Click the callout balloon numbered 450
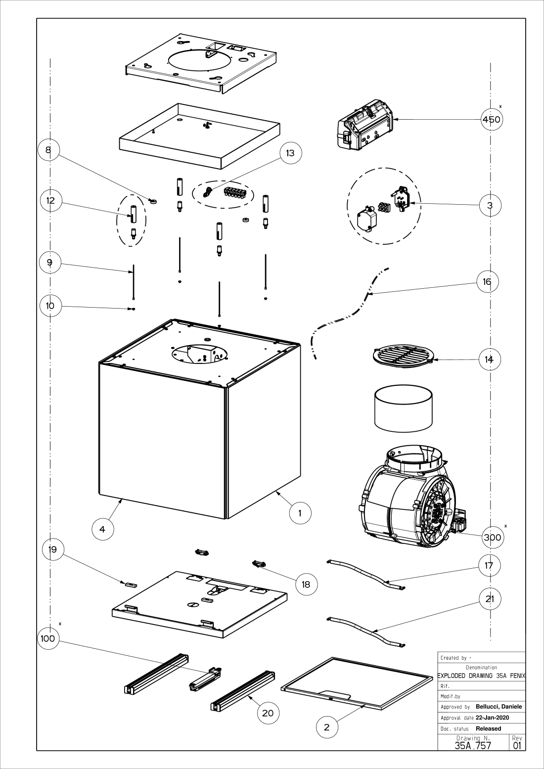tap(491, 119)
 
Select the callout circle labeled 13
tap(290, 153)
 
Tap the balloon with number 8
tap(48, 149)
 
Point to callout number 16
tap(487, 281)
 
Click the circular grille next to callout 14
tap(403, 356)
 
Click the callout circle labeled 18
tap(306, 584)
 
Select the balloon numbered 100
tap(48, 638)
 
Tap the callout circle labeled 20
tap(268, 713)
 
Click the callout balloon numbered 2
tap(326, 727)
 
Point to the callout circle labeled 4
tap(102, 529)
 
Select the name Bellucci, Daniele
tap(499, 707)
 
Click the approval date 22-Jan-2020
tap(493, 718)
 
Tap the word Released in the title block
tap(488, 728)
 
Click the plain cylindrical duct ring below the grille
tap(404, 408)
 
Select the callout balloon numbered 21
tap(490, 598)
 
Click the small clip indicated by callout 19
tap(130, 584)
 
